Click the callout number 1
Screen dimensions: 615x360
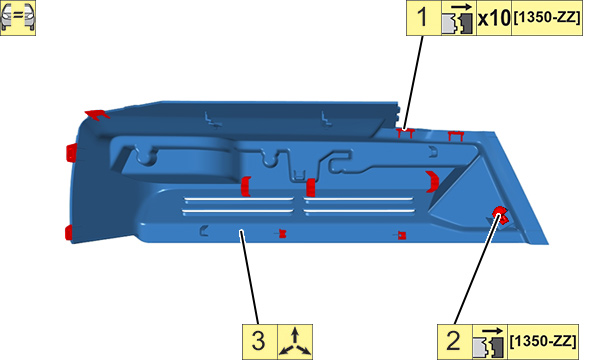tap(422, 18)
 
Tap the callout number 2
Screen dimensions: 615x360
tap(453, 341)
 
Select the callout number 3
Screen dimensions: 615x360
tap(258, 341)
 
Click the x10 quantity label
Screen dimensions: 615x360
tap(494, 18)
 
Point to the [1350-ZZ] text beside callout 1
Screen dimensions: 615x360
tap(547, 18)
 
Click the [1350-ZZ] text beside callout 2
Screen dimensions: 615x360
tap(543, 341)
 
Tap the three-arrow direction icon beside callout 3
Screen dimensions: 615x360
tap(295, 342)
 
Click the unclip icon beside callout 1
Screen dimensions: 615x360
tap(458, 19)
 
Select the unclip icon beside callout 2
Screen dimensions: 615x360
tap(489, 342)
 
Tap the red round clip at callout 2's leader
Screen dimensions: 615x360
tap(500, 215)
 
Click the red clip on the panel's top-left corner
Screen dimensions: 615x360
tap(97, 115)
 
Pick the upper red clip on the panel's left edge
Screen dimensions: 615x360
tap(71, 152)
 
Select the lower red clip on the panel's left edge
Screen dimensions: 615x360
tap(69, 233)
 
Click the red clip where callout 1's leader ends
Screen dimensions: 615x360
tap(406, 133)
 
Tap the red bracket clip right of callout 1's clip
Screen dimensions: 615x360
tap(456, 136)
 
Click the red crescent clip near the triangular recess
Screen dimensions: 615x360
tap(433, 181)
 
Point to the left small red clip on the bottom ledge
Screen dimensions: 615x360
tap(282, 234)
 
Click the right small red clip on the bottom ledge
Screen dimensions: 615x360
tap(401, 235)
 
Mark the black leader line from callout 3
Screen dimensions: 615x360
tap(250, 277)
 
